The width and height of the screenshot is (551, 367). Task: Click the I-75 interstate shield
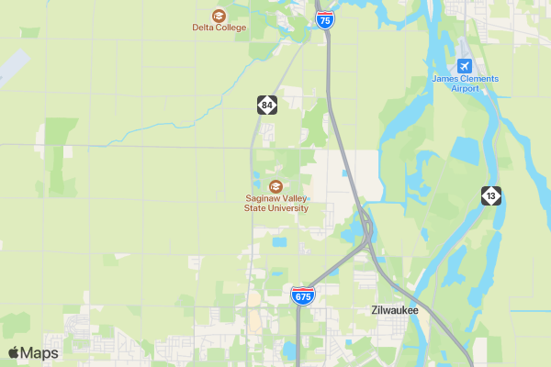tap(325, 20)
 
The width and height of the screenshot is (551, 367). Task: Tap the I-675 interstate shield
tap(302, 295)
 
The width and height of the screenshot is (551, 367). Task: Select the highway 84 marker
tap(266, 105)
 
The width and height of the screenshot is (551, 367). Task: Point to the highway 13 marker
tap(491, 195)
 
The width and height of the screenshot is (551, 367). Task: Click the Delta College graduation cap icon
tap(219, 15)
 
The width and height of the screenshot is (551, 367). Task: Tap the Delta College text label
tap(219, 28)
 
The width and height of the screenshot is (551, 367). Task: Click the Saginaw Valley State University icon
tap(275, 185)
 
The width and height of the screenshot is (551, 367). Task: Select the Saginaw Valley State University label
tap(275, 203)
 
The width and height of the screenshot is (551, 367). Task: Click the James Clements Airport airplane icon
tap(465, 66)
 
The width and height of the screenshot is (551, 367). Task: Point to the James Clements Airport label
tap(465, 83)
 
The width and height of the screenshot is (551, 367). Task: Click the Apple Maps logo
tap(14, 353)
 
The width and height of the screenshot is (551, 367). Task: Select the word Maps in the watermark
tap(40, 353)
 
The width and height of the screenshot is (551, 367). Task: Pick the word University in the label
tap(286, 208)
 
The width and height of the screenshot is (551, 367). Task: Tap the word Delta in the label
tap(204, 28)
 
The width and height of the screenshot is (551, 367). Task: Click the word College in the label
tap(230, 28)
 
